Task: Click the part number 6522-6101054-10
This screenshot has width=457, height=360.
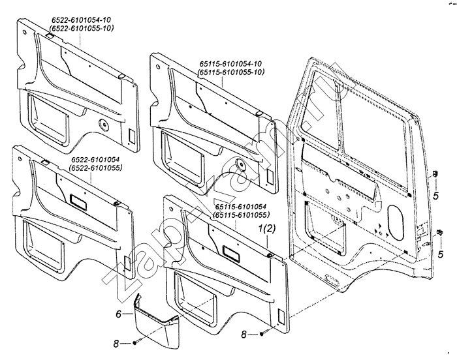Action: point(81,20)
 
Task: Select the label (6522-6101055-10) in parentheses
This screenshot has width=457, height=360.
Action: point(82,28)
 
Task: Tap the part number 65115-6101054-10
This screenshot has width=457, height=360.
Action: point(230,64)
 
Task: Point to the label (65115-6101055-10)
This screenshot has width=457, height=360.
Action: point(231,72)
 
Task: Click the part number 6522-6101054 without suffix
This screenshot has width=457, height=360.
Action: point(96,160)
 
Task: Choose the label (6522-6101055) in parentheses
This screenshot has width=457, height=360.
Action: point(95,168)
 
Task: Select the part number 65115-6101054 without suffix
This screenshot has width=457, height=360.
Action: point(241,207)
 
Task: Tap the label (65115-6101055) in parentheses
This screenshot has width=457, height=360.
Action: point(242,215)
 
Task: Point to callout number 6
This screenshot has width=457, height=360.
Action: point(118,314)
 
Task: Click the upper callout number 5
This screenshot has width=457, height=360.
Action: point(435,196)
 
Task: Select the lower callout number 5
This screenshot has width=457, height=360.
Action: point(441,254)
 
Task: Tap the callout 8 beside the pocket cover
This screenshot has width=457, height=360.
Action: point(116,344)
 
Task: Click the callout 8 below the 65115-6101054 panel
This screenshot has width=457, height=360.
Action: point(244,335)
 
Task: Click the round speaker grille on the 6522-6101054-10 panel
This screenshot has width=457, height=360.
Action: point(104,125)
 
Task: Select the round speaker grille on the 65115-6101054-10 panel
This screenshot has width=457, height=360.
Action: point(240,164)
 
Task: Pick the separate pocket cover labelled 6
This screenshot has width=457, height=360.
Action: point(156,322)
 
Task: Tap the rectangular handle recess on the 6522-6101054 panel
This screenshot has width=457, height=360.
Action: point(78,202)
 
